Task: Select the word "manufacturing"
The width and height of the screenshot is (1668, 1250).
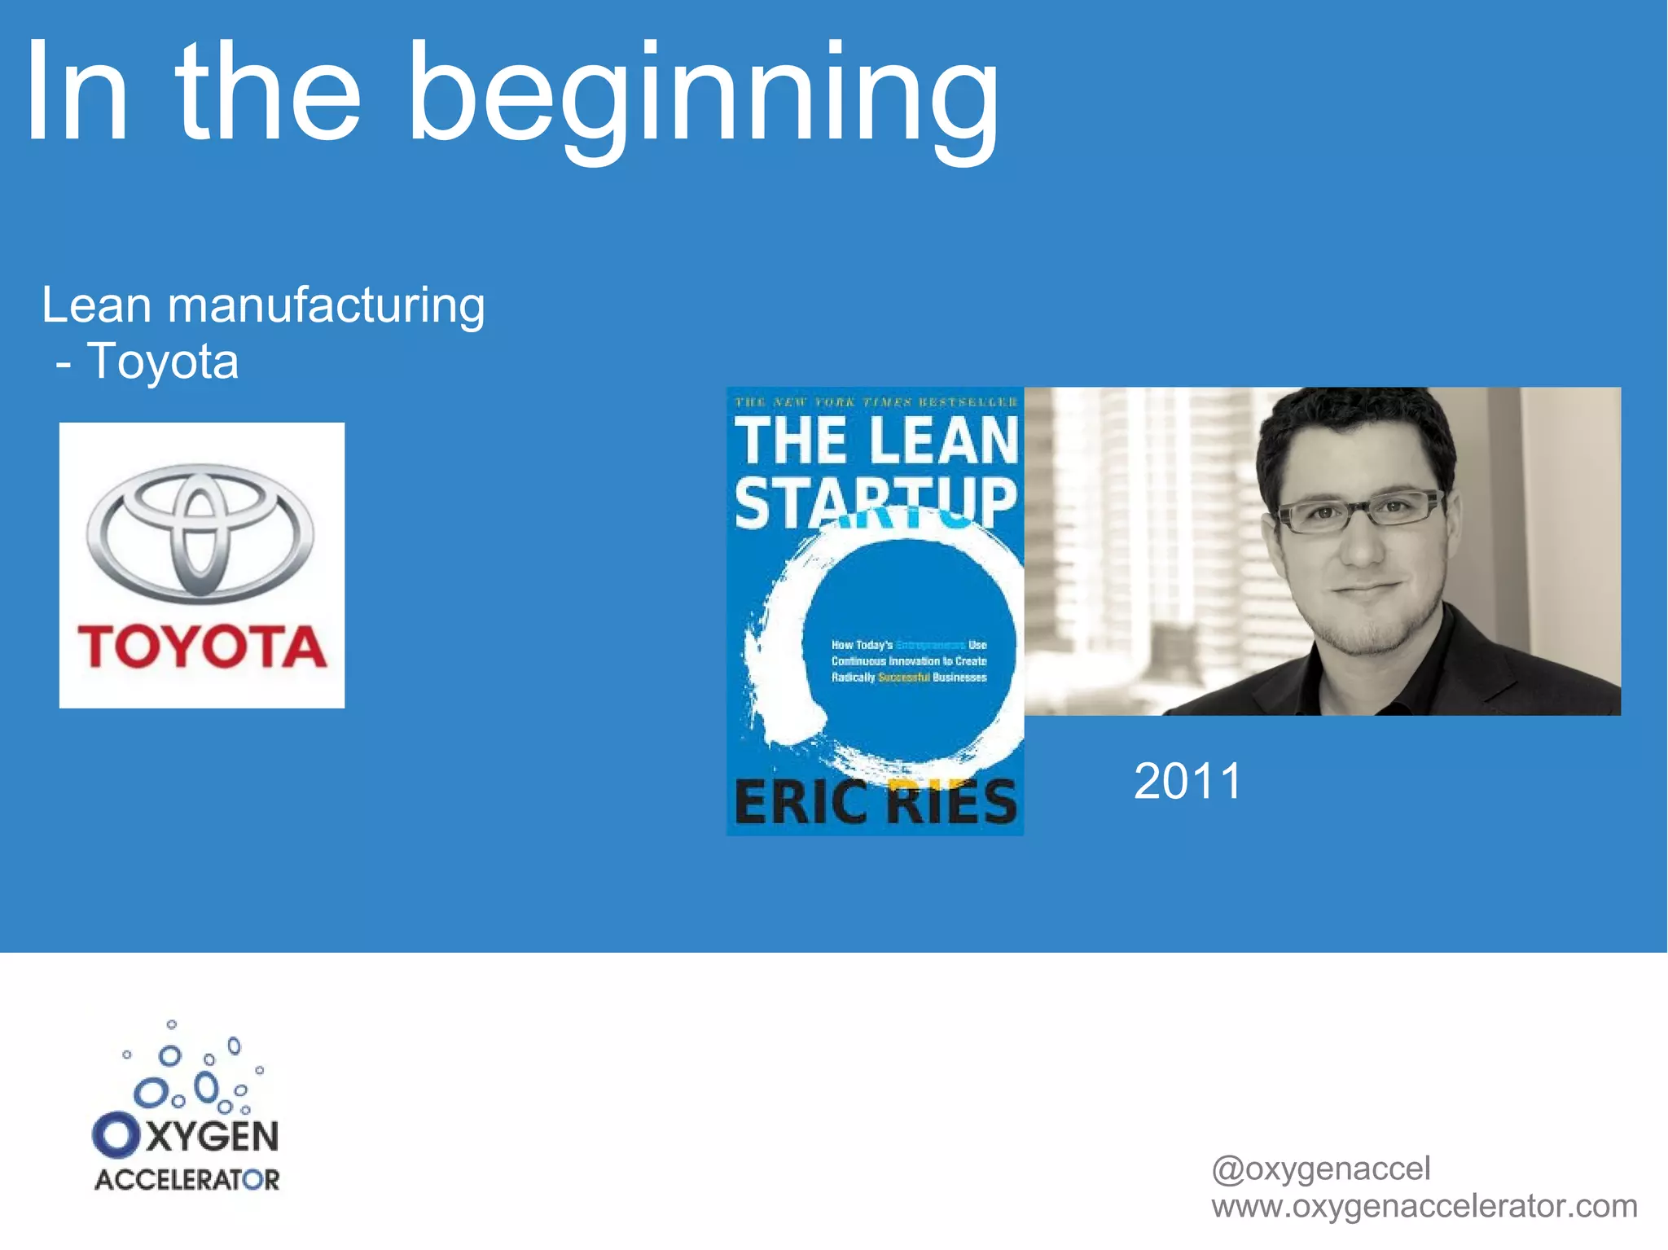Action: click(326, 306)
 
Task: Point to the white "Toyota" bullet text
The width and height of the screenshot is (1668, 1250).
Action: click(162, 361)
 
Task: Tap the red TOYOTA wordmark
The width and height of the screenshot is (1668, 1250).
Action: click(202, 647)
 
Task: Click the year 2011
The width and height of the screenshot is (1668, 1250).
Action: click(1187, 781)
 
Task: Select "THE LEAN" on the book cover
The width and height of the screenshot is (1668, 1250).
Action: click(876, 441)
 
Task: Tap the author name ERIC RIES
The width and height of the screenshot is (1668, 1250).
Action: click(876, 802)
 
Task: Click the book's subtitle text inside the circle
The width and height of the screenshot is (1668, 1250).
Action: click(908, 660)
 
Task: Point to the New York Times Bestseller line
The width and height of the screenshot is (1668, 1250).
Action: click(876, 401)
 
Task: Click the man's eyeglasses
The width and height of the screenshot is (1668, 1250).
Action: click(1359, 512)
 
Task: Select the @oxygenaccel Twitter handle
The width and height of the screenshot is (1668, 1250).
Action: click(1320, 1169)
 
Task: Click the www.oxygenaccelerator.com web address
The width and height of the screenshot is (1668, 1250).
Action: click(1424, 1206)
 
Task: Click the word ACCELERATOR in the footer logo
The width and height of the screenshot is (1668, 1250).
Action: click(187, 1179)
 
